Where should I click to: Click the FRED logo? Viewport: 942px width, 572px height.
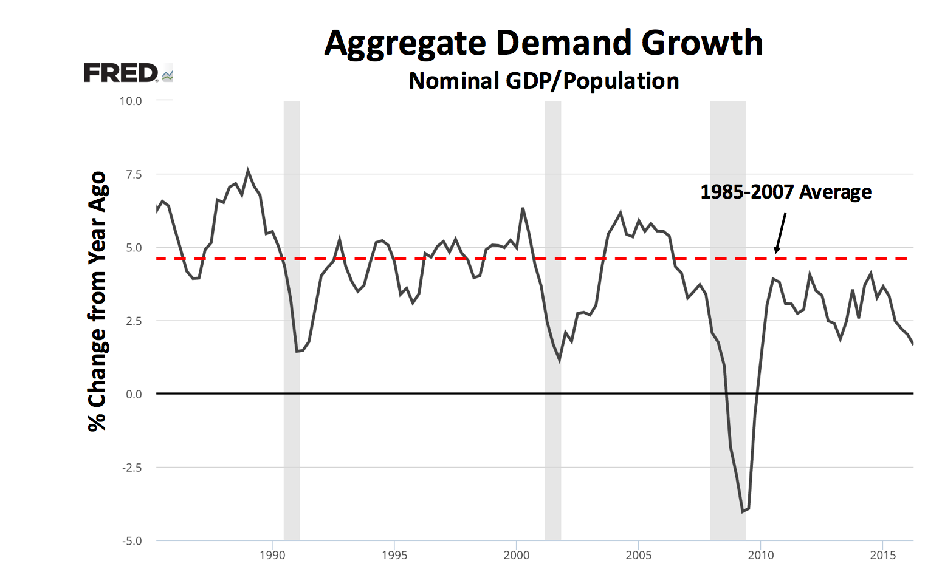pyautogui.click(x=127, y=73)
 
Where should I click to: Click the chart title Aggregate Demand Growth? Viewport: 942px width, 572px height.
pyautogui.click(x=543, y=43)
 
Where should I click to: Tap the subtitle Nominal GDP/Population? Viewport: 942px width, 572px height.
pyautogui.click(x=543, y=81)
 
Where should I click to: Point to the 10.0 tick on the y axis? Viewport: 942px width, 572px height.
pyautogui.click(x=131, y=101)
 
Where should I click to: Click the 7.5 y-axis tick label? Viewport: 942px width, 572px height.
pyautogui.click(x=133, y=175)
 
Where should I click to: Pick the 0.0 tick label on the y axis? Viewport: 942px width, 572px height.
pyautogui.click(x=134, y=395)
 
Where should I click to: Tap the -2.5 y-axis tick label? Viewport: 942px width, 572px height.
pyautogui.click(x=132, y=468)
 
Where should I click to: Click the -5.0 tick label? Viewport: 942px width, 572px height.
pyautogui.click(x=132, y=541)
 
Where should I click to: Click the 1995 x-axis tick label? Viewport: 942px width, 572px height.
pyautogui.click(x=394, y=555)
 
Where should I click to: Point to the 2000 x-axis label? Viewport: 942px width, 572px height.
pyautogui.click(x=516, y=555)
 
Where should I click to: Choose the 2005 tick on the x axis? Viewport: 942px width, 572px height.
pyautogui.click(x=639, y=555)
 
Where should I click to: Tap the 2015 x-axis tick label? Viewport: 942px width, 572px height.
pyautogui.click(x=882, y=555)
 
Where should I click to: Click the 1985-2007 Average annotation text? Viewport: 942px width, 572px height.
pyautogui.click(x=786, y=192)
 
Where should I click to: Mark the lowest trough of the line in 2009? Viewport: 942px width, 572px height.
pyautogui.click(x=743, y=511)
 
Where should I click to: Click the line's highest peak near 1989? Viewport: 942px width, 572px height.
pyautogui.click(x=247, y=171)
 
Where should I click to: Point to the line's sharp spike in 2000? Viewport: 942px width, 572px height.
pyautogui.click(x=523, y=209)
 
